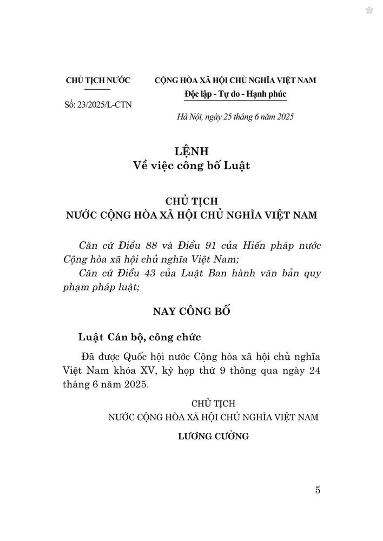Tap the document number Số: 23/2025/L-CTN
[x=97, y=104]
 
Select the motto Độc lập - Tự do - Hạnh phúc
[x=235, y=94]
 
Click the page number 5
[x=318, y=490]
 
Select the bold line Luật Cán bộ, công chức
[x=140, y=338]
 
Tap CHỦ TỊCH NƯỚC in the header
[x=98, y=80]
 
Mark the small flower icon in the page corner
[x=369, y=10]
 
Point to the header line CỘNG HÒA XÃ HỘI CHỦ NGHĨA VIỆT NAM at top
[x=235, y=80]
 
